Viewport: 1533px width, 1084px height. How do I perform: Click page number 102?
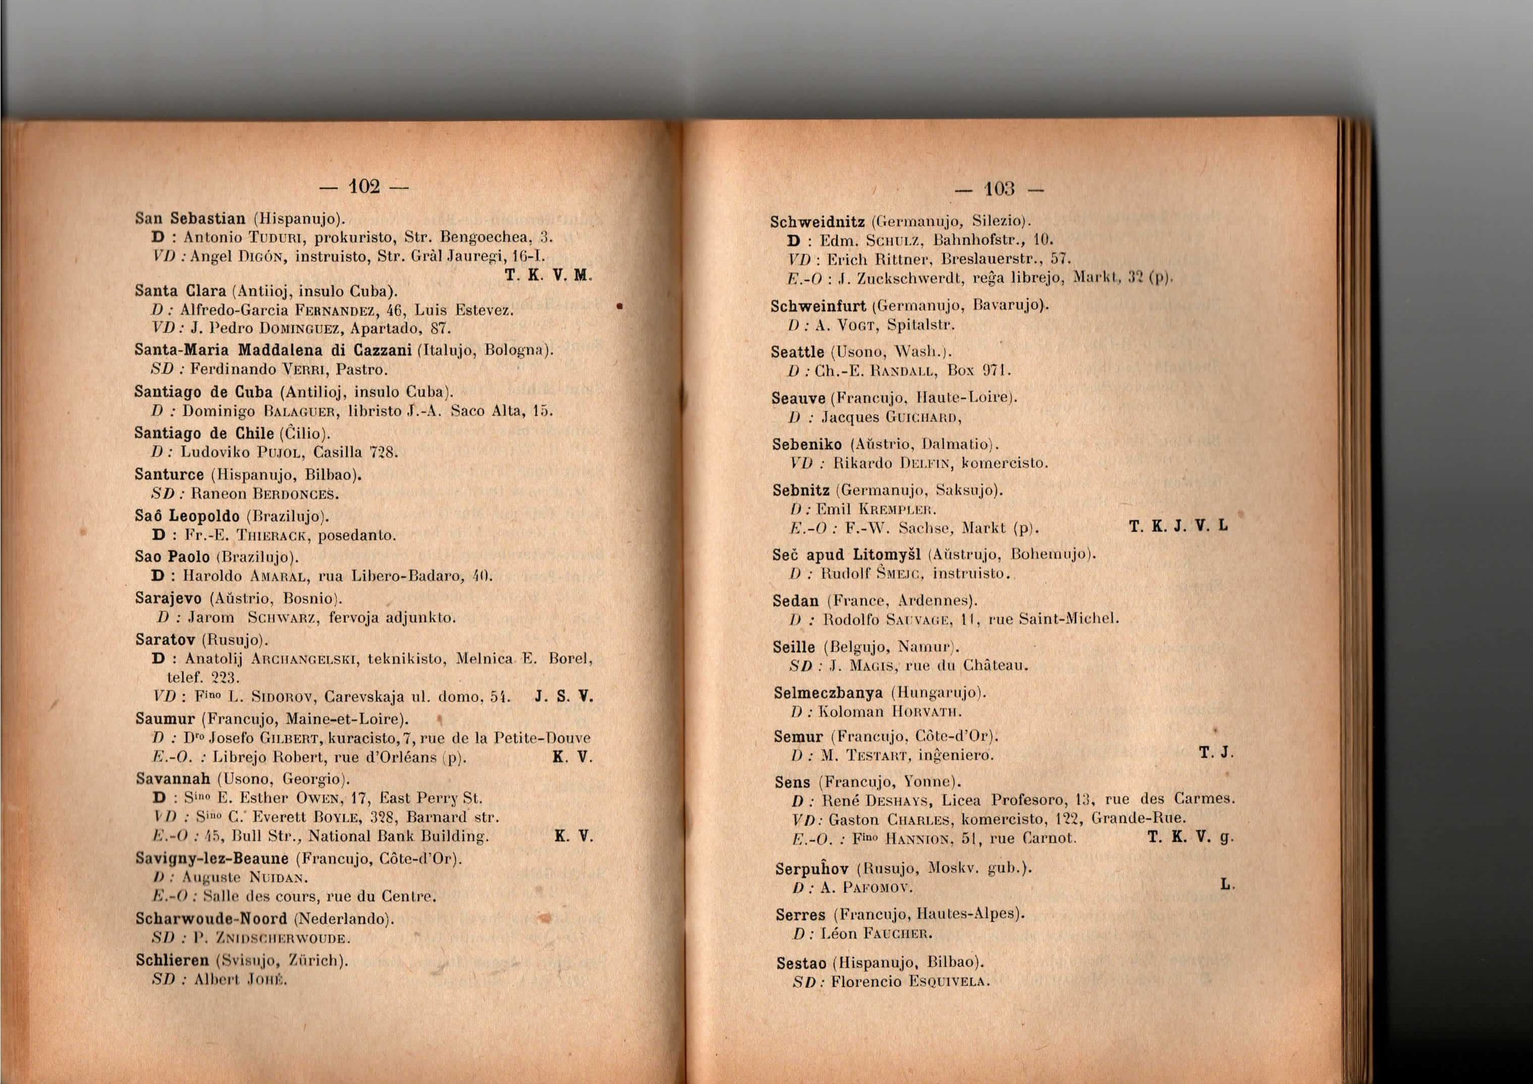(x=363, y=186)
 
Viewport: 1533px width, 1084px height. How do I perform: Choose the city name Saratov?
(x=165, y=639)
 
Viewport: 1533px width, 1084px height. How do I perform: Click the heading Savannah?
(x=173, y=778)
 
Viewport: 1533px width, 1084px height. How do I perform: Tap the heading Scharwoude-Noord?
(x=211, y=919)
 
